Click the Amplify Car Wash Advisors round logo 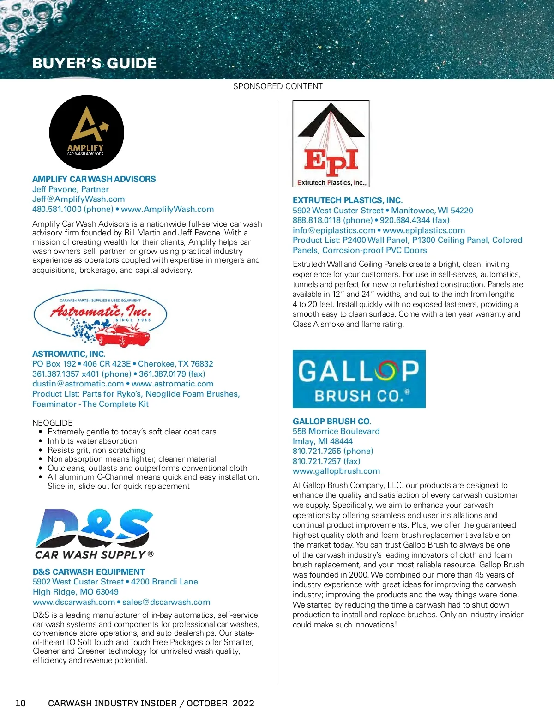click(x=87, y=133)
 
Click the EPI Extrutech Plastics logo click(x=331, y=144)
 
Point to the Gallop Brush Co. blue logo click(x=359, y=379)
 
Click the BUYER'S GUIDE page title click(x=95, y=63)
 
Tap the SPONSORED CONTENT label click(x=277, y=86)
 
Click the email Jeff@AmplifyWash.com click(x=78, y=199)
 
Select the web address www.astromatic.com click(x=173, y=384)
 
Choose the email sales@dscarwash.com click(x=166, y=602)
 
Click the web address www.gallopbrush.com click(x=336, y=471)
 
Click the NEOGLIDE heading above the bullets click(x=53, y=422)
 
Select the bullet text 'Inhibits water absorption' click(x=92, y=441)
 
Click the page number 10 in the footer click(x=20, y=703)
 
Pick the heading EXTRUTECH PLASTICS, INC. click(x=348, y=200)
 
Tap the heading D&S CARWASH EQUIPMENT click(x=89, y=572)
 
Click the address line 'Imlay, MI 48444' click(x=322, y=441)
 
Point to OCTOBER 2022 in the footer click(x=220, y=703)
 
